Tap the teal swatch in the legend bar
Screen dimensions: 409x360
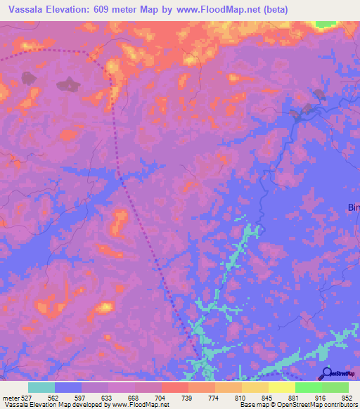point(41,387)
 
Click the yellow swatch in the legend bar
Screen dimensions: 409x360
point(282,387)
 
